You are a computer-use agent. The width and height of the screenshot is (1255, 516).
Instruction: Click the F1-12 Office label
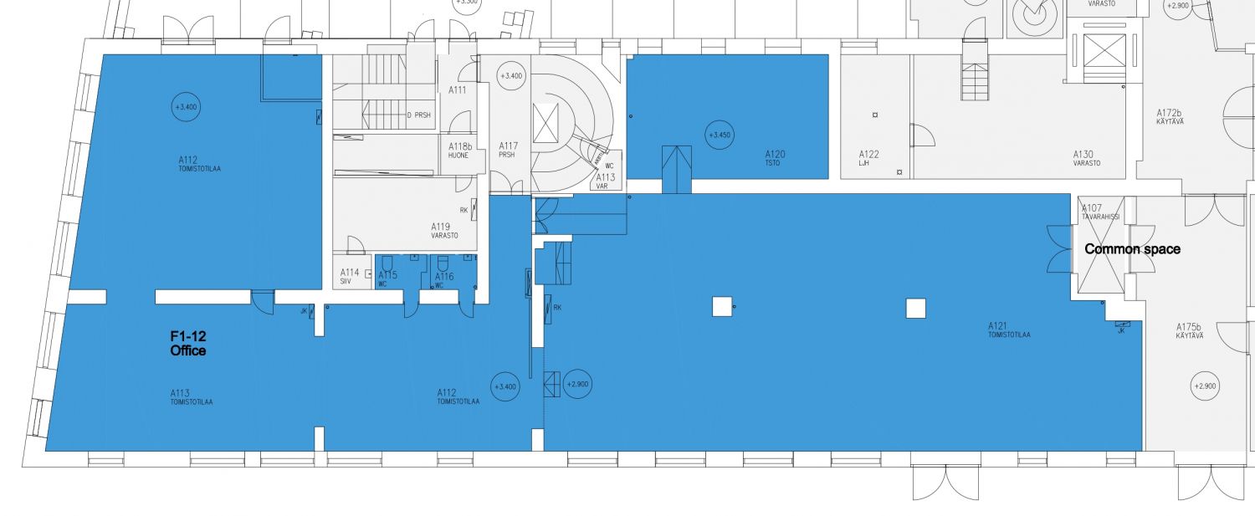pos(188,344)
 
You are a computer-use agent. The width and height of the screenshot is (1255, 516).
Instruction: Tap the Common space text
pos(1132,249)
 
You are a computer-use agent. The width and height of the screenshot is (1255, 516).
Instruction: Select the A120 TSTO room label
pos(774,158)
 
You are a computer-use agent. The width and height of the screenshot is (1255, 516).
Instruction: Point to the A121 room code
pos(997,325)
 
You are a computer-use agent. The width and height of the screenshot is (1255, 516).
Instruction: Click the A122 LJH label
pos(868,158)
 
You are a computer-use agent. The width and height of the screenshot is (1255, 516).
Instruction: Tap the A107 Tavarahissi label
pos(1097,212)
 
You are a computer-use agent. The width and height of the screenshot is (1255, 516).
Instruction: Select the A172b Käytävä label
pos(1170,116)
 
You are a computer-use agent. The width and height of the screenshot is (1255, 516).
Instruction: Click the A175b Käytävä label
pos(1189,330)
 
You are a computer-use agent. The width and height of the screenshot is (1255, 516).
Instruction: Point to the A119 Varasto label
pos(444,230)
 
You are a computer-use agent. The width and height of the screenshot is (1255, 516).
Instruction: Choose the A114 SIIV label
pos(350,276)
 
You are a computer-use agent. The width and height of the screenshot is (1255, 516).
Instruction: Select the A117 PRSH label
pos(508,149)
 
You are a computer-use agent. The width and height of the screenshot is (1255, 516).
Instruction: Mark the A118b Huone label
pos(457,150)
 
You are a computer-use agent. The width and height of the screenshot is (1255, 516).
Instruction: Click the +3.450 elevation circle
pos(719,135)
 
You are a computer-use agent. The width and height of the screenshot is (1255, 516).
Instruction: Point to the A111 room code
pos(457,89)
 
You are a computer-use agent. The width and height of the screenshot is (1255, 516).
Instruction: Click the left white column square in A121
pos(722,307)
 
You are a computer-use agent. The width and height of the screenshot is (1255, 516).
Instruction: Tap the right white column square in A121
pos(916,309)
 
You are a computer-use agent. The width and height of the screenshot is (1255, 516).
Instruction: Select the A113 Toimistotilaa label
pos(191,396)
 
